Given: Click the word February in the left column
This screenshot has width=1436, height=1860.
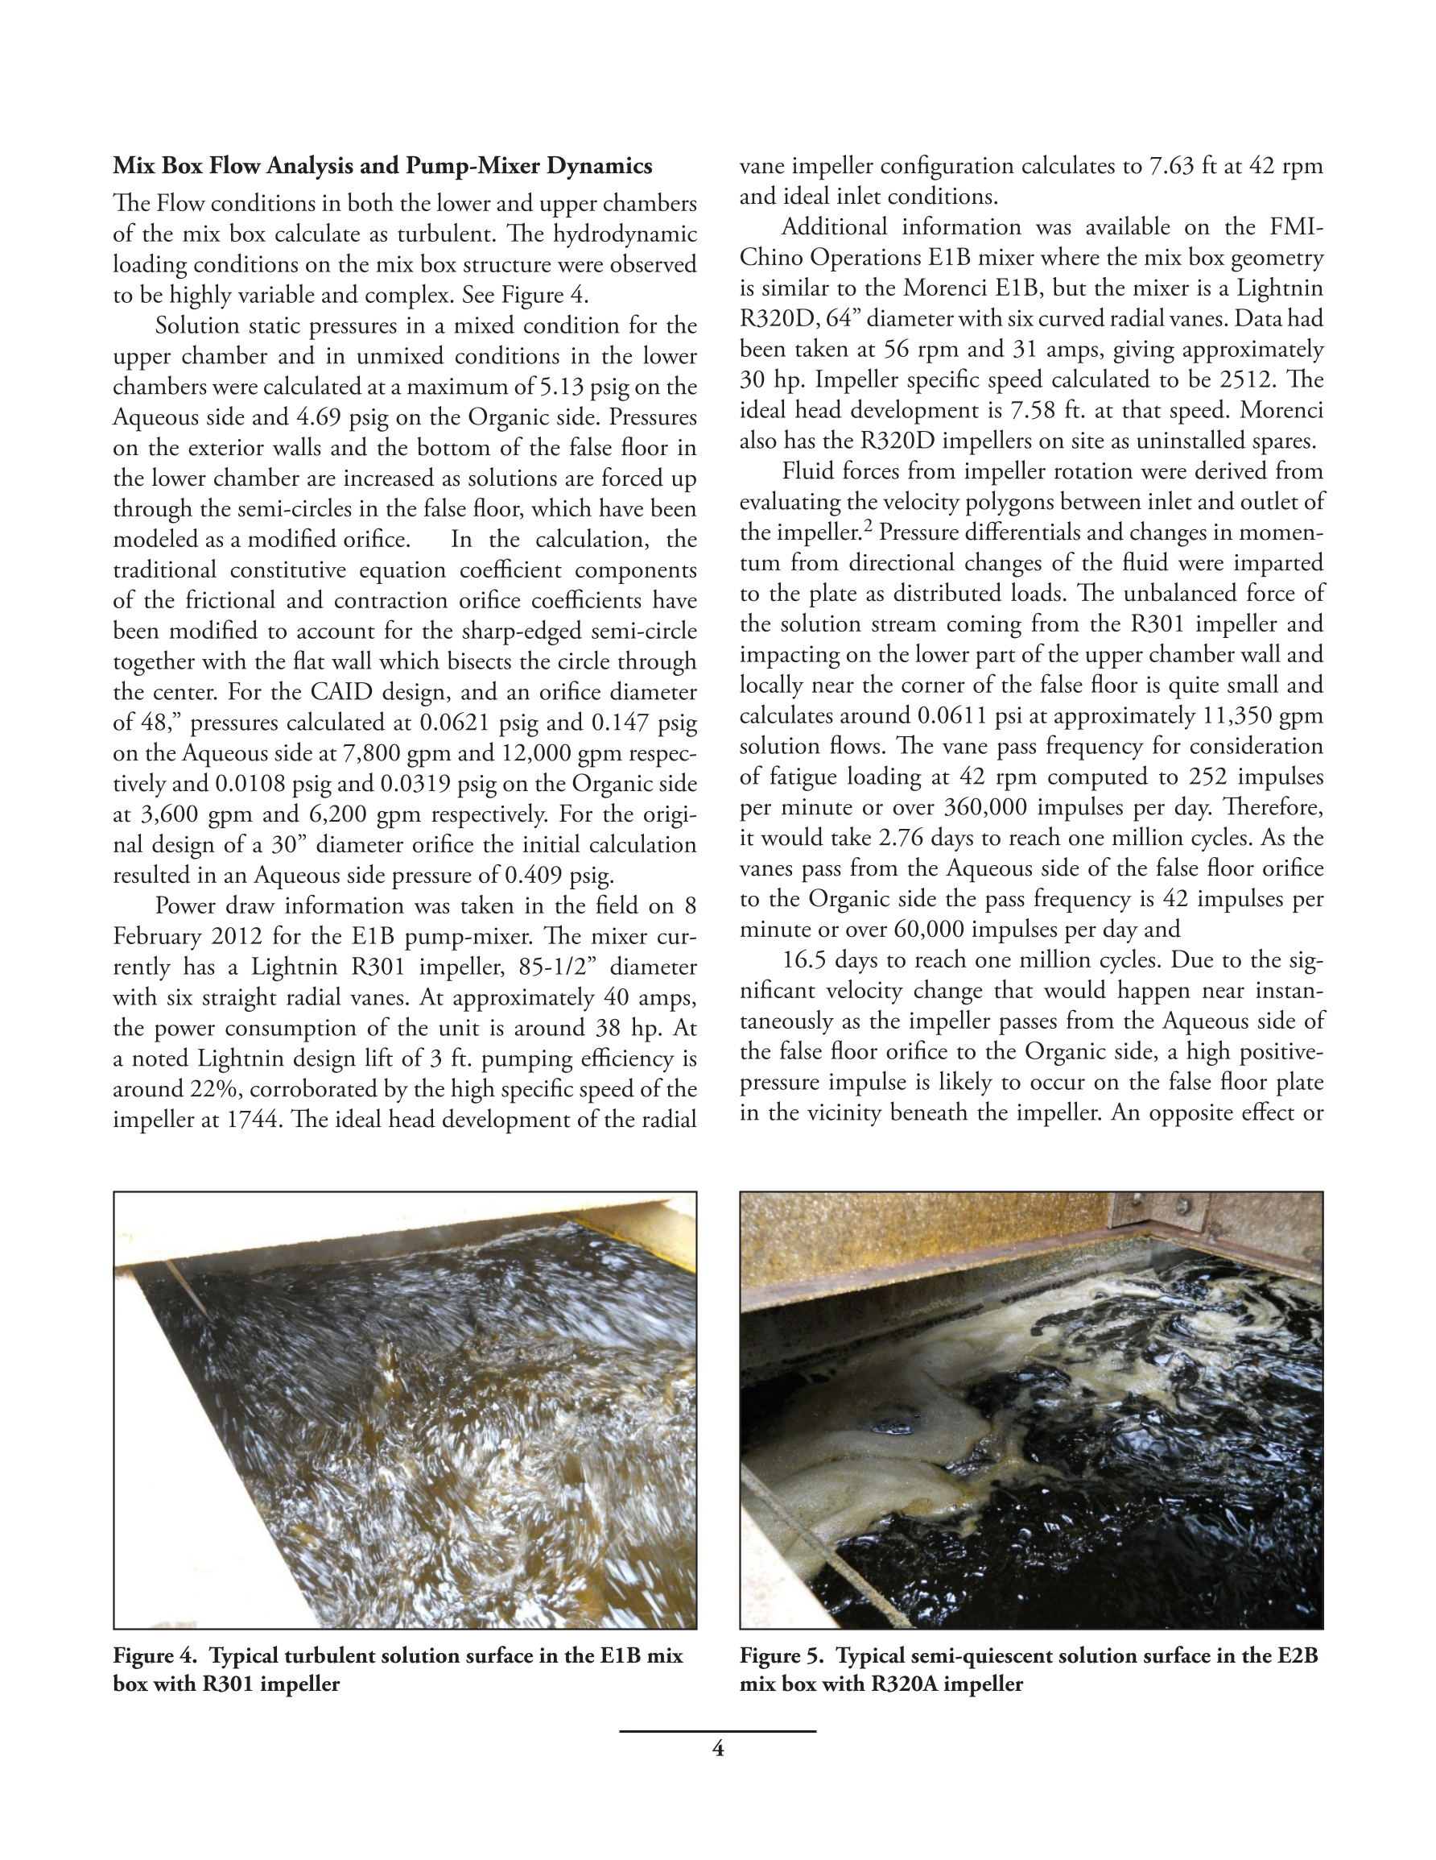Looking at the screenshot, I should (x=151, y=937).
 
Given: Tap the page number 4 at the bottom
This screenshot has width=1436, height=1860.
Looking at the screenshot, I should (x=717, y=1750).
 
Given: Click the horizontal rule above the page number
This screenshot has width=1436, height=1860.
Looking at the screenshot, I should (x=717, y=1731).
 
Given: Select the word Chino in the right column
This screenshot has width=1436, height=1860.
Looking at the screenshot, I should (x=770, y=258).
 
